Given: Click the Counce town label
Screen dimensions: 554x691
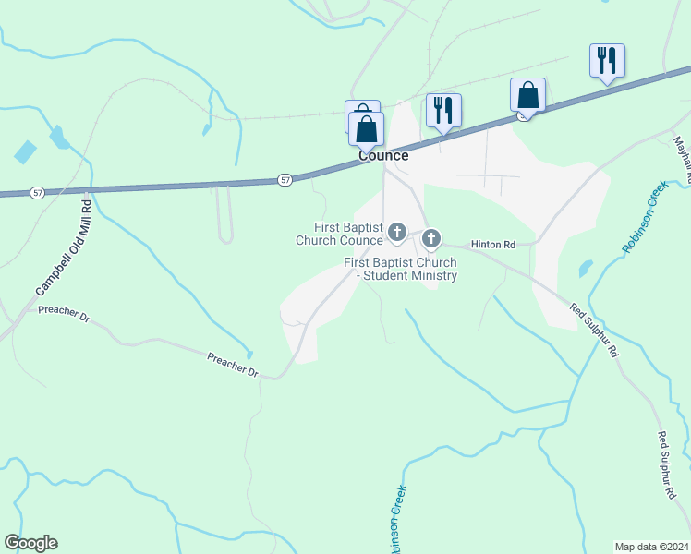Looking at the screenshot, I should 383,156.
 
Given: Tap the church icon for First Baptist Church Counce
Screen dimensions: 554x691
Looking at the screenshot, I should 397,232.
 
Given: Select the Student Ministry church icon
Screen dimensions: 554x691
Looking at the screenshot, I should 431,240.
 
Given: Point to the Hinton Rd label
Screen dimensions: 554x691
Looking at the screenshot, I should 491,244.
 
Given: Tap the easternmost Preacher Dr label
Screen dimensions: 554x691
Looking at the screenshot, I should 233,363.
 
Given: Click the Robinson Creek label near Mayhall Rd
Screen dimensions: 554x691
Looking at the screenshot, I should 645,217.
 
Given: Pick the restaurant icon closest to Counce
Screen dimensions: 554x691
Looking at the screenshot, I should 443,110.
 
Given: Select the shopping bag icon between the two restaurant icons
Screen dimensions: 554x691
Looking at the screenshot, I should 527,95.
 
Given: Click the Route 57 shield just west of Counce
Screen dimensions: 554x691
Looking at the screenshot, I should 285,179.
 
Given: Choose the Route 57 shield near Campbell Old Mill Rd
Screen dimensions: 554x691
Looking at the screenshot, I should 37,192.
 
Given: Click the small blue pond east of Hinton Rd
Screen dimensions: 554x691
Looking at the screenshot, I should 585,269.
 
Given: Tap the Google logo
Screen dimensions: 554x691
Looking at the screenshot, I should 30,543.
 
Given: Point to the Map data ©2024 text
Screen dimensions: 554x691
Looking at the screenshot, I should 652,547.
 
